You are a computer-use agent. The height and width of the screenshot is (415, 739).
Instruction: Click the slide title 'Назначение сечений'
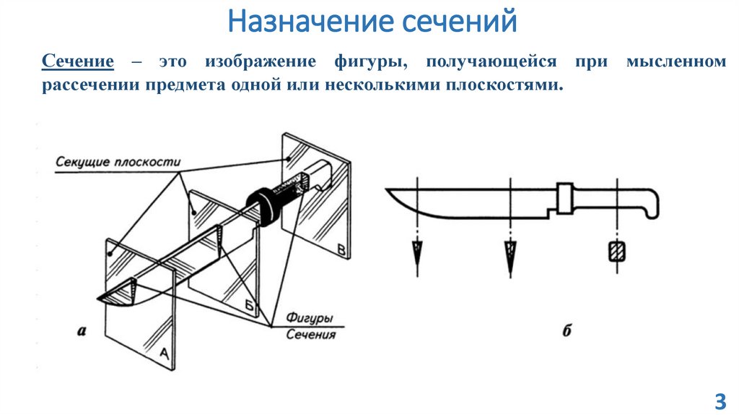[x=372, y=21]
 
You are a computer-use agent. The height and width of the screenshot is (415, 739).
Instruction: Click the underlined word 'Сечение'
[x=77, y=61]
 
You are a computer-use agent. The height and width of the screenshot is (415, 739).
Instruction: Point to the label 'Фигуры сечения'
[x=310, y=326]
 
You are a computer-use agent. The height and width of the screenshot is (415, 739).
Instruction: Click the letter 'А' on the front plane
[x=163, y=354]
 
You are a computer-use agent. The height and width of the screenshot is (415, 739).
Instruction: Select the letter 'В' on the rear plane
[x=341, y=250]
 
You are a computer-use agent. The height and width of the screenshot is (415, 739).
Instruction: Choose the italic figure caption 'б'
[x=567, y=332]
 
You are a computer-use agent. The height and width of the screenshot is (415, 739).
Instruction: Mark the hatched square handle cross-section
[x=616, y=252]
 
